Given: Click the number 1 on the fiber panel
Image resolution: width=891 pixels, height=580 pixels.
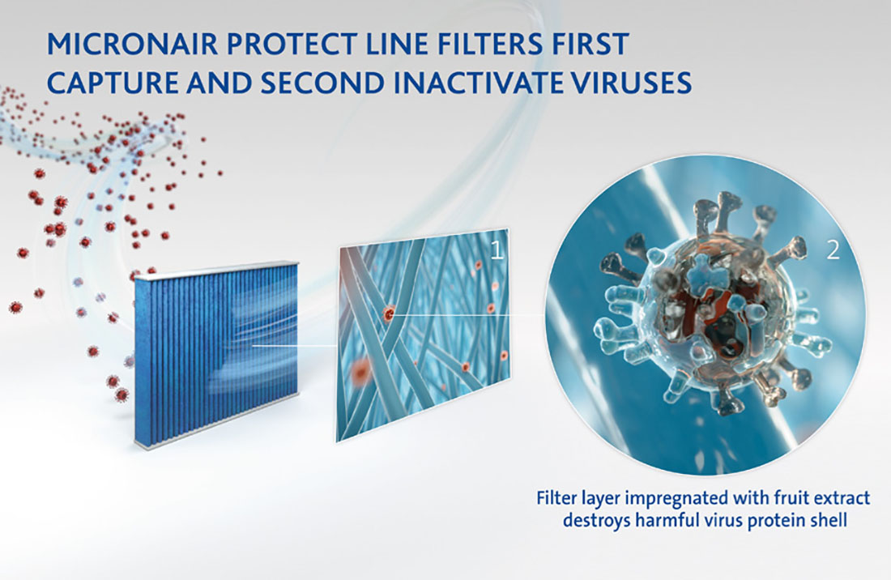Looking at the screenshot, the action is pos(497,251).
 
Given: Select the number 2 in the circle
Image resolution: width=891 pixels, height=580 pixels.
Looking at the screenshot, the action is pos(833,250).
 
